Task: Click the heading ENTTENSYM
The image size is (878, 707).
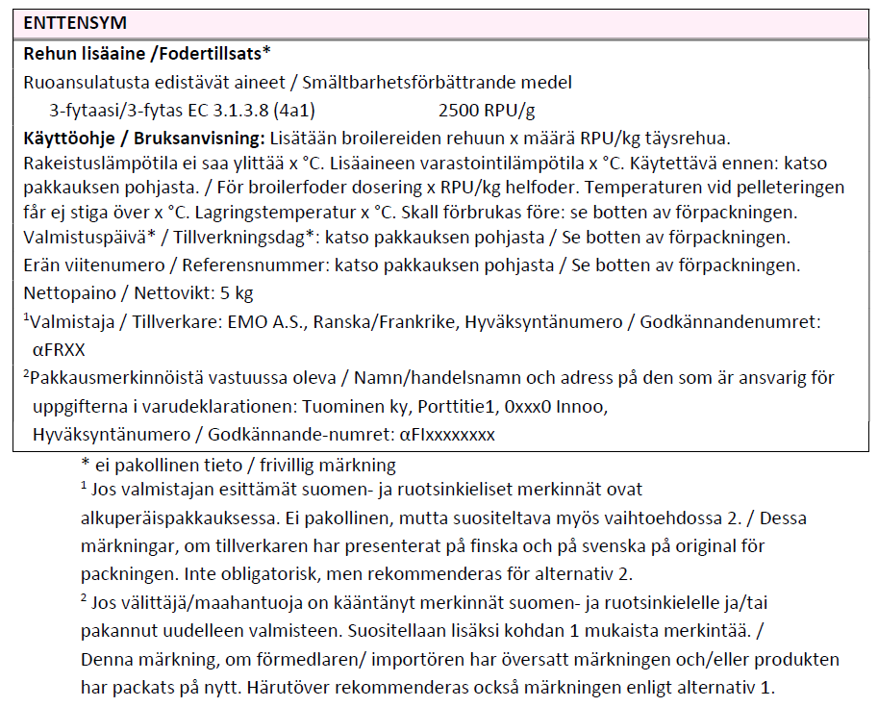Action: (75, 21)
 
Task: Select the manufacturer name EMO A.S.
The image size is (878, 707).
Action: (252, 322)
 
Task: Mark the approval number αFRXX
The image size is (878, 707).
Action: (60, 350)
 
